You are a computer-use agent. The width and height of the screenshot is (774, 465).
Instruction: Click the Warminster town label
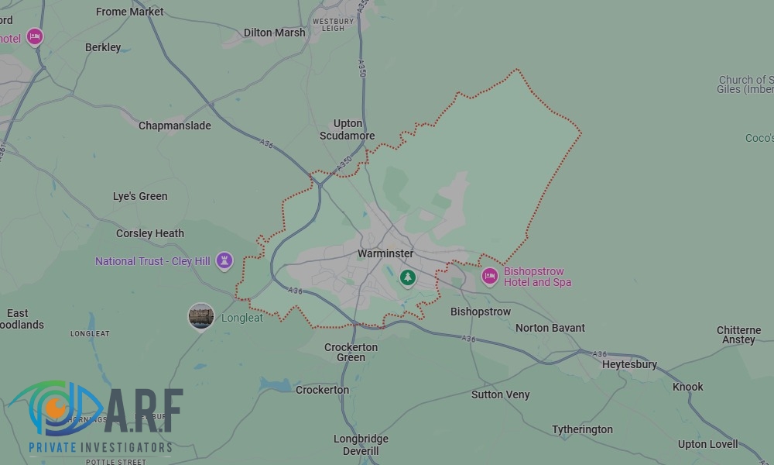point(385,253)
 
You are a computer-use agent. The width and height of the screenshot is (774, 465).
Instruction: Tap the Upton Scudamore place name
point(348,129)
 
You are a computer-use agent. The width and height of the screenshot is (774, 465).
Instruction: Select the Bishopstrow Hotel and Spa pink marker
point(489,276)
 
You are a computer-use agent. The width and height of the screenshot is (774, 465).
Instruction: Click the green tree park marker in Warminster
point(408,277)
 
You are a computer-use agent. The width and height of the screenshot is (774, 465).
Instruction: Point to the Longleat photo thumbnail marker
point(201,315)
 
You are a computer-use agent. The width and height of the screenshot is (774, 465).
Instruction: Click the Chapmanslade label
point(174,126)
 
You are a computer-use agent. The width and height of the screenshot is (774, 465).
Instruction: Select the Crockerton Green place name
point(351,352)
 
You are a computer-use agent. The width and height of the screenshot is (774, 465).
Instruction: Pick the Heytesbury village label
point(629,364)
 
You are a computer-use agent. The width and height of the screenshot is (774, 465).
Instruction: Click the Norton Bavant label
point(550,328)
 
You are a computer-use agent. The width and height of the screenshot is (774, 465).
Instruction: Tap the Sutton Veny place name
point(501,394)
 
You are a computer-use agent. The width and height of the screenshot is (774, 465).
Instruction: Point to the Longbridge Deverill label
point(361,445)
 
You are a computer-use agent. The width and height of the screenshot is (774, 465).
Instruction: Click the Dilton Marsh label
point(274,33)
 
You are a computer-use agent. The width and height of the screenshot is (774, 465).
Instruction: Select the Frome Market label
point(130,12)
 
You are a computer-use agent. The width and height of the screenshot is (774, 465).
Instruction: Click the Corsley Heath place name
point(150,233)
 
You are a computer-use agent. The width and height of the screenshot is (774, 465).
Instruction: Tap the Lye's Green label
point(140,196)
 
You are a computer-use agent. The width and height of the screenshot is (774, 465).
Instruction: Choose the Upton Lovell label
point(707,444)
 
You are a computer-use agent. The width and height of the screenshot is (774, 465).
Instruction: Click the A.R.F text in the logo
point(144,412)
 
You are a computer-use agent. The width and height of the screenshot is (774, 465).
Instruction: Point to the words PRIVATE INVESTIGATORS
point(101,447)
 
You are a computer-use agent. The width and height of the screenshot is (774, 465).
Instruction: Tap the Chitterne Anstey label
point(738,335)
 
